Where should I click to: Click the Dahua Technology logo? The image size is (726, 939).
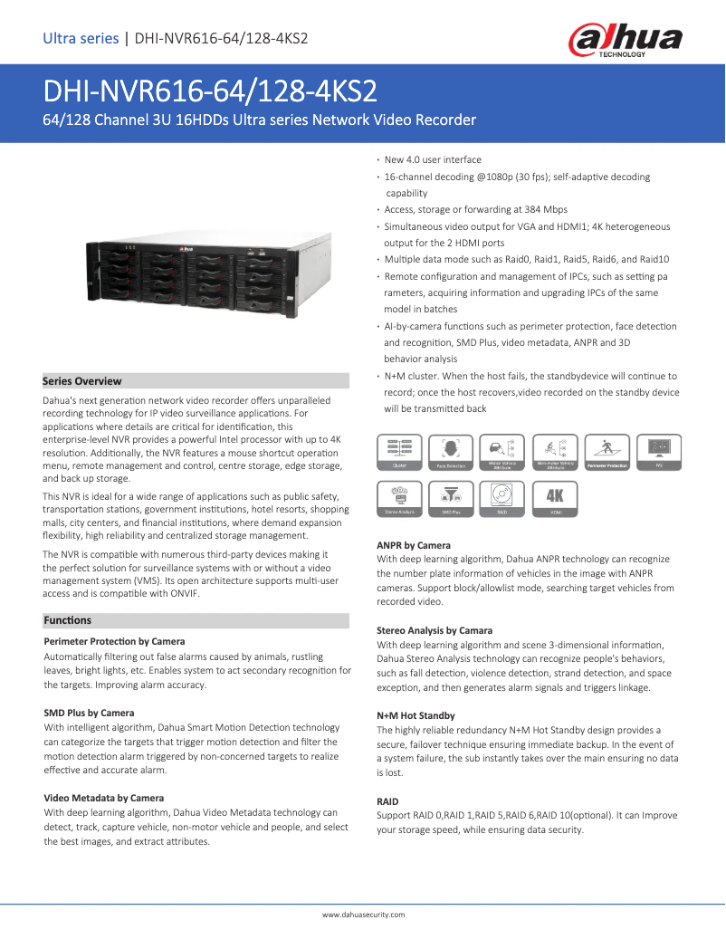coord(625,40)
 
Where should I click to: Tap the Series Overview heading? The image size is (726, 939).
coord(82,381)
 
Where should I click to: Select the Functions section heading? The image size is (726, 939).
coord(68,620)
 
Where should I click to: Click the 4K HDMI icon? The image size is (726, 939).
coord(555,499)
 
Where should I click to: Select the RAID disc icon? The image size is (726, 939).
coord(502,499)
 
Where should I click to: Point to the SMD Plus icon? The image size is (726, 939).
coord(450,499)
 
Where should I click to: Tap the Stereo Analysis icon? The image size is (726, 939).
coord(399,499)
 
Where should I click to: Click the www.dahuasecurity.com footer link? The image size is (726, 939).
coord(364,915)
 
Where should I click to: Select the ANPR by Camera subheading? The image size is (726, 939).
coord(414,545)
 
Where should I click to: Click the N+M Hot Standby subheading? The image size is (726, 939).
coord(416,715)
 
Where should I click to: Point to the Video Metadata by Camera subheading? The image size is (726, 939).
coord(104,798)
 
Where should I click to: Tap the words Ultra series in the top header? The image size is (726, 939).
coord(81,38)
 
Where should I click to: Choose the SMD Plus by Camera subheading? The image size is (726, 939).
coord(89,713)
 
